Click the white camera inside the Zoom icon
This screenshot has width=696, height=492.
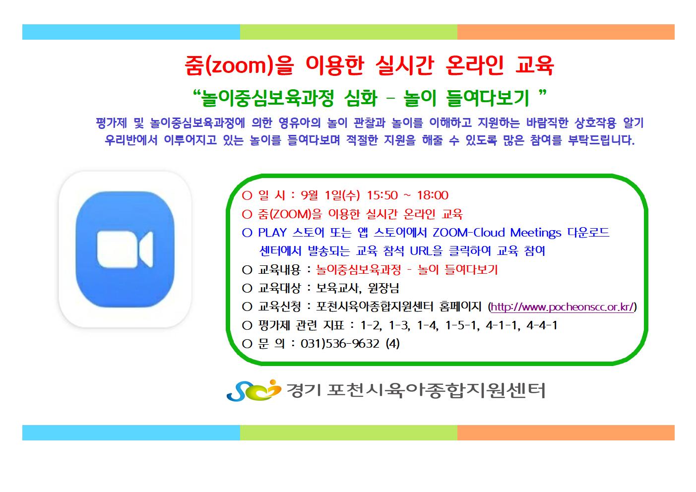pos(125,249)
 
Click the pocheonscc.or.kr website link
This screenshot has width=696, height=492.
pos(562,307)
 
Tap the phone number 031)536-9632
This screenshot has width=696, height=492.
pos(340,344)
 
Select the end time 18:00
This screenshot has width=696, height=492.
pos(433,195)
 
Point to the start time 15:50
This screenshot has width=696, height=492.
pos(382,195)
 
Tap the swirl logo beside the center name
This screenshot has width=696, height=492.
pos(253,390)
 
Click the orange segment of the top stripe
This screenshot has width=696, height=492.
pos(566,32)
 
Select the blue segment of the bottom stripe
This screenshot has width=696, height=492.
pos(131,432)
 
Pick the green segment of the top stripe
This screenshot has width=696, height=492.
pos(349,32)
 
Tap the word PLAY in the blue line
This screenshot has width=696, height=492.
pos(272,233)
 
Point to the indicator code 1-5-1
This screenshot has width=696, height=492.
pos(462,325)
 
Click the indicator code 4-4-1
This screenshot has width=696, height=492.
pos(542,325)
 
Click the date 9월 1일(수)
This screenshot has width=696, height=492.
pos(330,195)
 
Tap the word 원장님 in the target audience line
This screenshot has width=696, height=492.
pos(383,288)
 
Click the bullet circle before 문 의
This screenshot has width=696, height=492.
pos(247,344)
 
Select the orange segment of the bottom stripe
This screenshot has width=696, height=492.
pos(566,432)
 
